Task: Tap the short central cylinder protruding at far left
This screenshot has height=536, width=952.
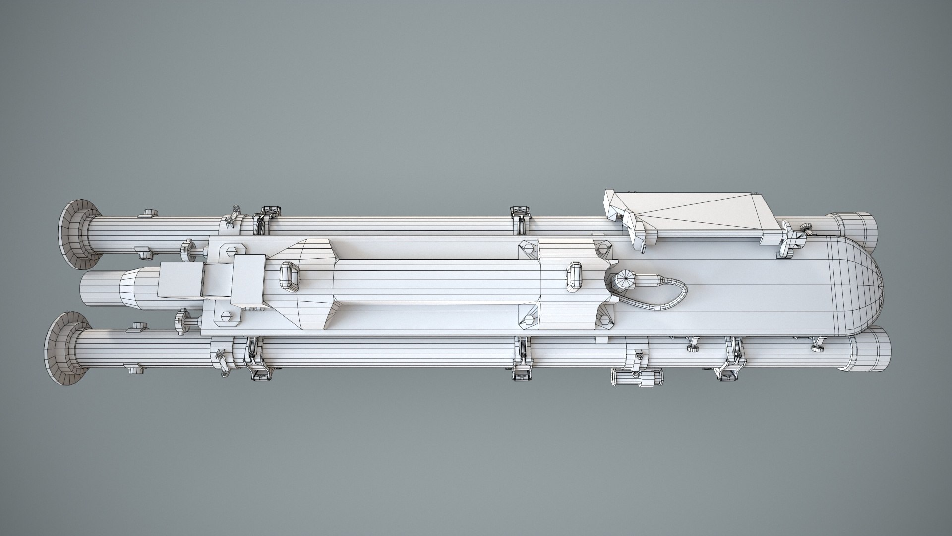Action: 99,290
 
